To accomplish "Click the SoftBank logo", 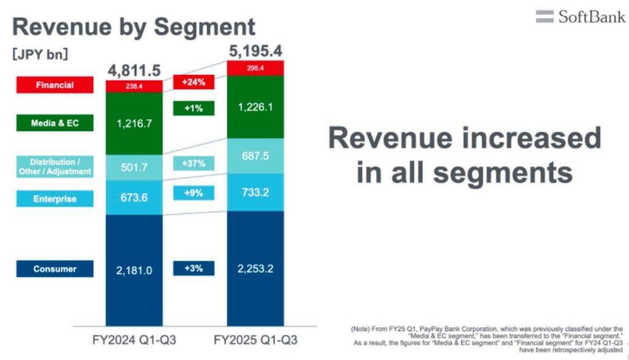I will pyautogui.click(x=580, y=17).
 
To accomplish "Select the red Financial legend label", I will pyautogui.click(x=55, y=85).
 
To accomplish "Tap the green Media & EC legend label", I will pyautogui.click(x=55, y=123).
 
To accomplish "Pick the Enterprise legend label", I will pyautogui.click(x=55, y=198).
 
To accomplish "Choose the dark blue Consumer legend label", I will pyautogui.click(x=55, y=268).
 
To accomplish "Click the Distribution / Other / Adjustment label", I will pyautogui.click(x=55, y=166).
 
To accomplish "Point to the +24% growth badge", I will pyautogui.click(x=193, y=82).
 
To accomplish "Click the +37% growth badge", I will pyautogui.click(x=193, y=163).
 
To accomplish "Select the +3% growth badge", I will pyautogui.click(x=193, y=268).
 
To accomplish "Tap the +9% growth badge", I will pyautogui.click(x=193, y=193).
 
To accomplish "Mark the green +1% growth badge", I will pyautogui.click(x=193, y=108).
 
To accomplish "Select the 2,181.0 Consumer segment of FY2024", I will pyautogui.click(x=134, y=270).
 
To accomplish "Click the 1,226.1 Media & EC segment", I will pyautogui.click(x=256, y=107).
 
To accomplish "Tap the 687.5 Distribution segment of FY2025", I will pyautogui.click(x=256, y=156).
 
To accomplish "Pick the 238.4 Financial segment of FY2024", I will pyautogui.click(x=134, y=87).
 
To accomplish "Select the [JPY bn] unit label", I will pyautogui.click(x=40, y=54).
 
